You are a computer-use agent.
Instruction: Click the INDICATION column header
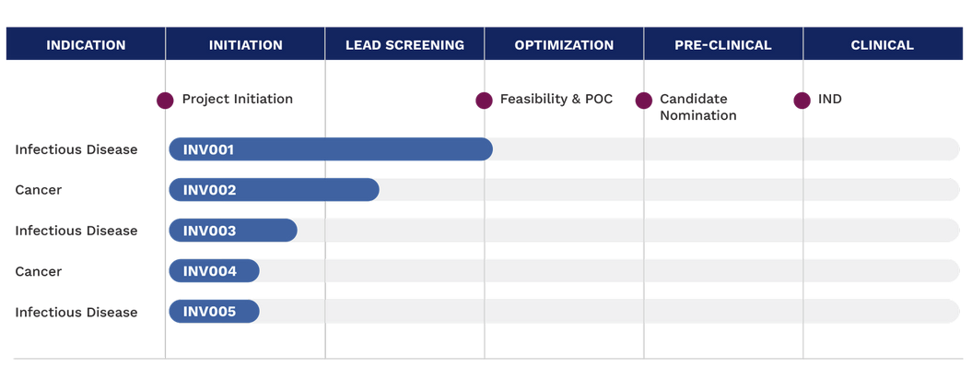[x=86, y=44]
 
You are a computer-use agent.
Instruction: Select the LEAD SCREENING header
[x=404, y=44]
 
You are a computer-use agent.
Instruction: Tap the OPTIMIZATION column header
[x=564, y=44]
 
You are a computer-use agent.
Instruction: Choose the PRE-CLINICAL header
[x=723, y=44]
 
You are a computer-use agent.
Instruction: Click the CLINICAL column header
[x=883, y=44]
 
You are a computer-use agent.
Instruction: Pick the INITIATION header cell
[x=245, y=44]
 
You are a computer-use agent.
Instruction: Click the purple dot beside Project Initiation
[x=165, y=100]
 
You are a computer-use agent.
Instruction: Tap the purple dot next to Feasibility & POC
[x=484, y=100]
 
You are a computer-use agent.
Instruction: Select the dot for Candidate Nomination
[x=644, y=100]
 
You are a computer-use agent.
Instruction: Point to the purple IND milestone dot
[x=802, y=100]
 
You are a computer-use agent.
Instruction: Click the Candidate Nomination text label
[x=698, y=107]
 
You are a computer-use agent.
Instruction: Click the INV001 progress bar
[x=331, y=149]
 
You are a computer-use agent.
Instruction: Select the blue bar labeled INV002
[x=274, y=190]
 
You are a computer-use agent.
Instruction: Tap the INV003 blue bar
[x=233, y=231]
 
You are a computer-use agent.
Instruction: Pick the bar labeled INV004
[x=215, y=271]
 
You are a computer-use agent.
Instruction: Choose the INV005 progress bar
[x=215, y=312]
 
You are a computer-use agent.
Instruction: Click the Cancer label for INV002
[x=39, y=190]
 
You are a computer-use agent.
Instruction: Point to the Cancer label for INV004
[x=39, y=271]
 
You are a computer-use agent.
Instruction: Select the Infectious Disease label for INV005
[x=76, y=312]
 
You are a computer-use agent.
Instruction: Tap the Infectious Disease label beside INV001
[x=76, y=149]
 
